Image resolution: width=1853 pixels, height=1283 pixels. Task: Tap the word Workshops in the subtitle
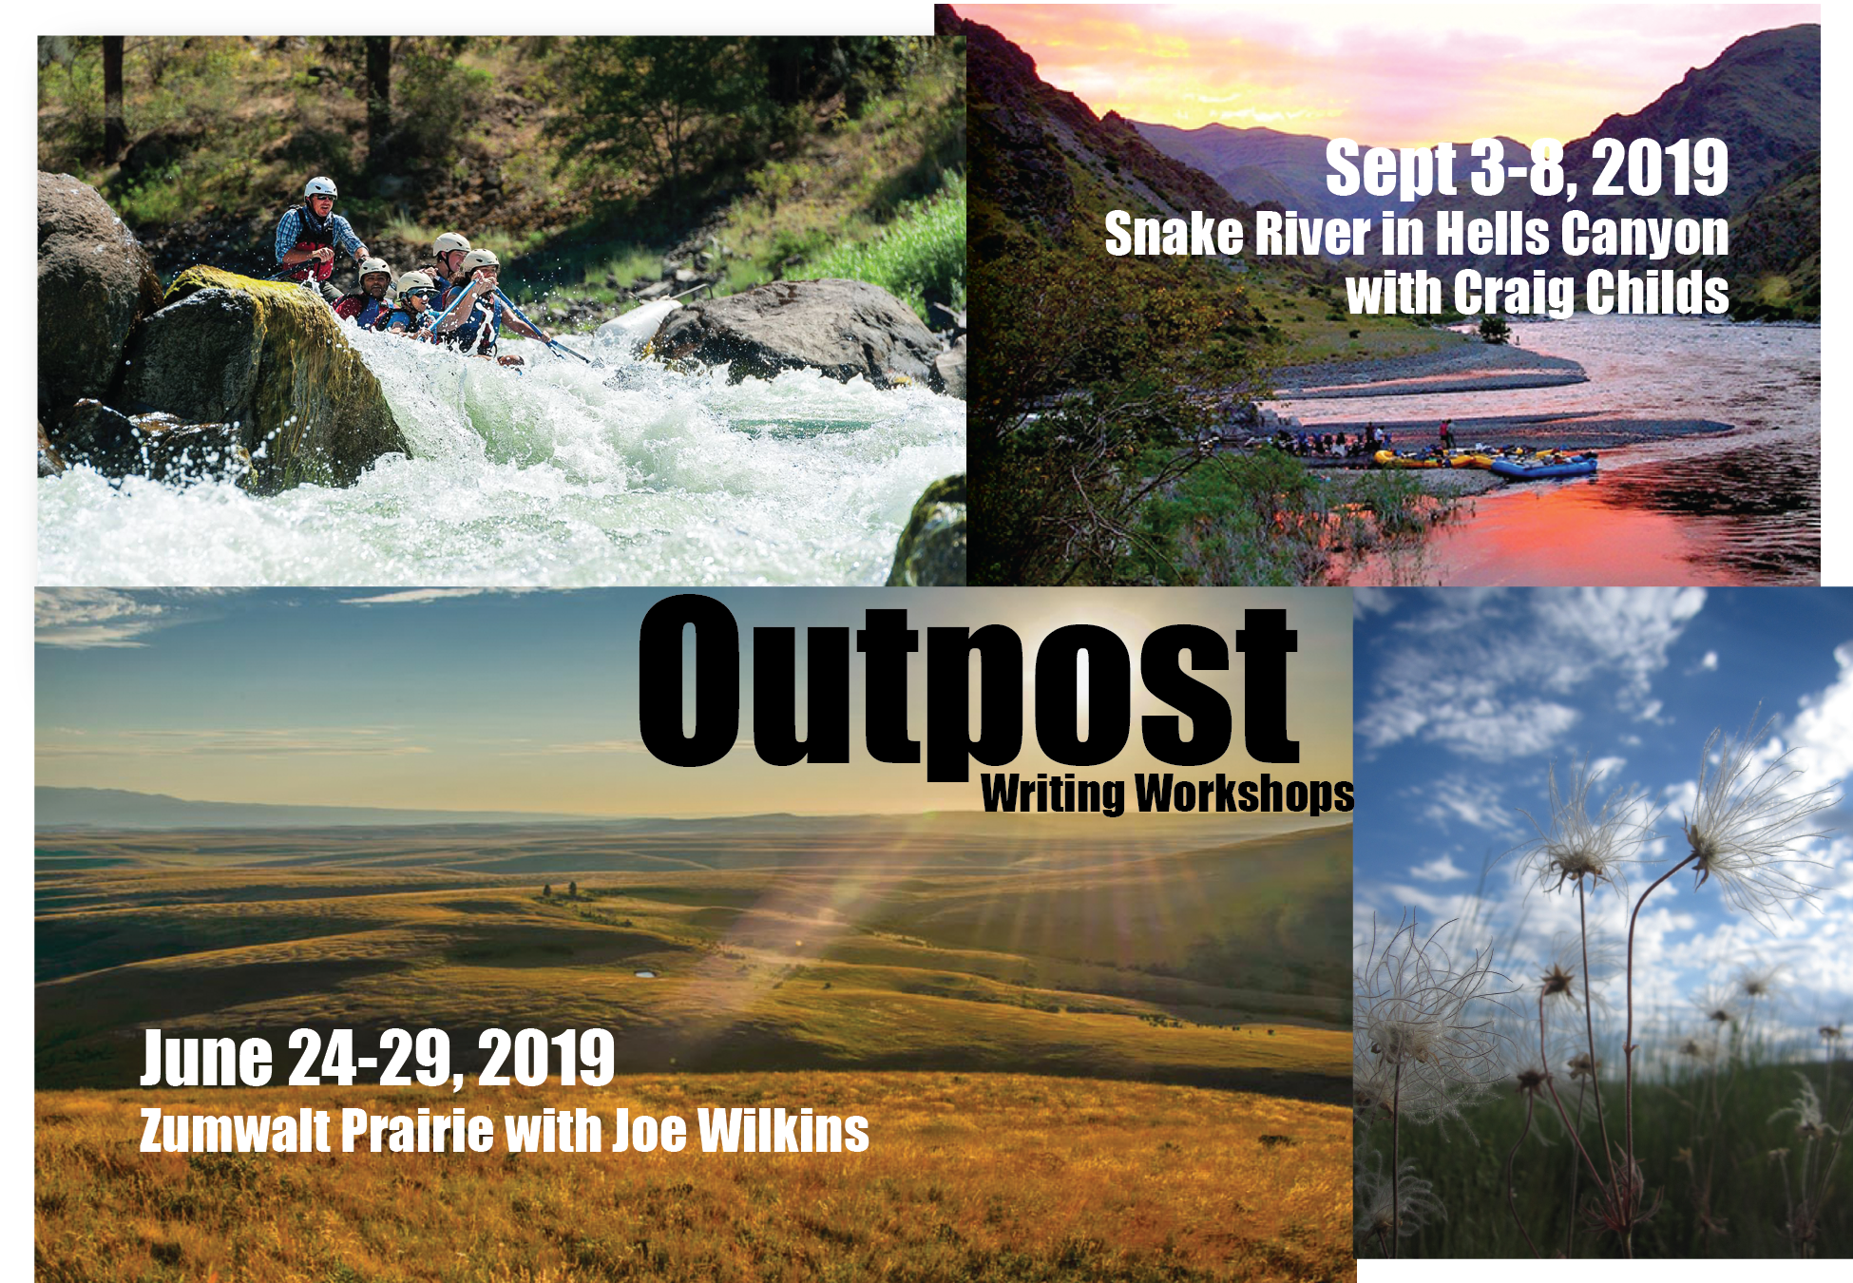point(1245,794)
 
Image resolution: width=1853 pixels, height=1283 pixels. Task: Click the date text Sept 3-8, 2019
point(1527,168)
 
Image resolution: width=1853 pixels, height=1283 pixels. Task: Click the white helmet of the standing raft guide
point(321,186)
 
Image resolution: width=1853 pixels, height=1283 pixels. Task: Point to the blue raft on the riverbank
point(1543,466)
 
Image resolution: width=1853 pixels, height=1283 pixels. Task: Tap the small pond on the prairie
point(644,975)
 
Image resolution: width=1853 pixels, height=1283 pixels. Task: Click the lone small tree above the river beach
point(1494,330)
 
